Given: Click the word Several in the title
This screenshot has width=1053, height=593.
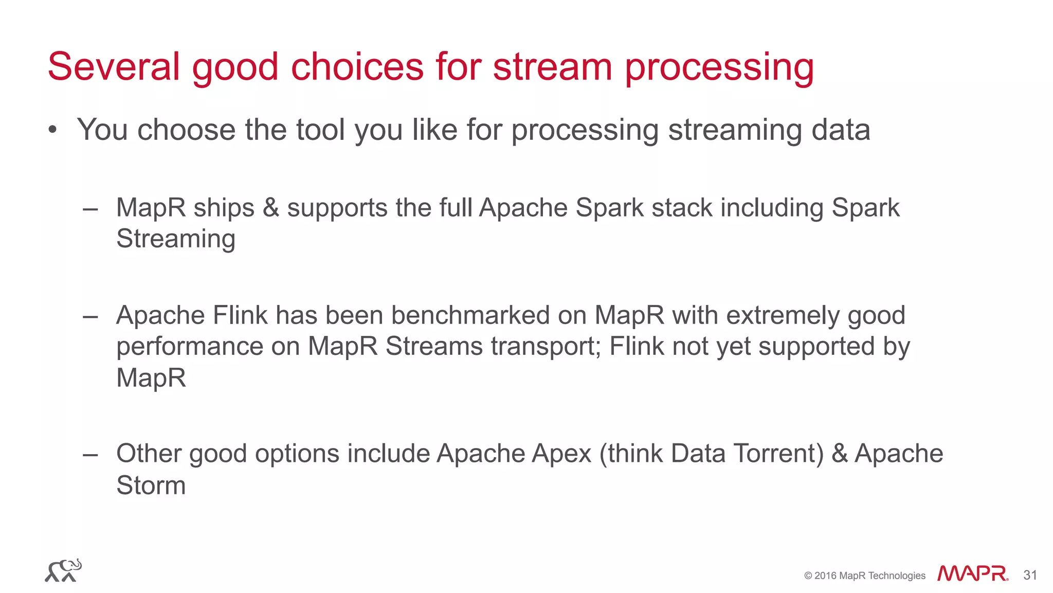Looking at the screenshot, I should point(114,67).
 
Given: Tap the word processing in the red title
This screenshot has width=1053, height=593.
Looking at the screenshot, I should point(719,68).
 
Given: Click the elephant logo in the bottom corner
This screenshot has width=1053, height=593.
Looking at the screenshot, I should point(63,570).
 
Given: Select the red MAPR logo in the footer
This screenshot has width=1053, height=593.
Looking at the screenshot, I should point(972,574).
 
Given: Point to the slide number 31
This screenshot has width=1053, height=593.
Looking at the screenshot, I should point(1030,575).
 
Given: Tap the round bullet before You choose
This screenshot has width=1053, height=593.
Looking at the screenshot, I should point(52,130).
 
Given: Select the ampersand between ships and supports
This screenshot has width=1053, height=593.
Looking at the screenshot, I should point(270,208).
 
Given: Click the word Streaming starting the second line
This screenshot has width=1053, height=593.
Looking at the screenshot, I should point(176,239).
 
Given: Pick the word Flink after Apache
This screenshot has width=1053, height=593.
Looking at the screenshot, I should point(240,315).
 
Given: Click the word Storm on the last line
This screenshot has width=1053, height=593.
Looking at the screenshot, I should point(151,486).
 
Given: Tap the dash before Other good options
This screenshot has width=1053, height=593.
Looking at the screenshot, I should point(90,455).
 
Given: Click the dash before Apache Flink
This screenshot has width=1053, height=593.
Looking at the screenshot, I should point(90,316).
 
